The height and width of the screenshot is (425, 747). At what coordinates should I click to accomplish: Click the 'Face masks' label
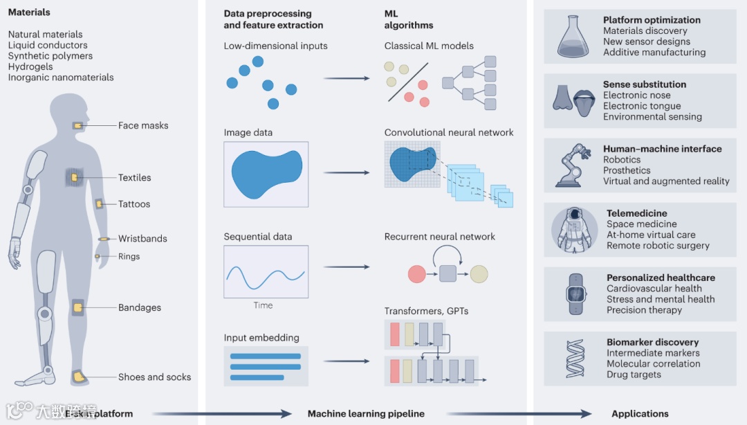(143, 126)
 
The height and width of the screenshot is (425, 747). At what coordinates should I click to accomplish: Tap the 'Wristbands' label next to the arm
(142, 239)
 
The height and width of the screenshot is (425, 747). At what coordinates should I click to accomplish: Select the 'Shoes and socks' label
(154, 377)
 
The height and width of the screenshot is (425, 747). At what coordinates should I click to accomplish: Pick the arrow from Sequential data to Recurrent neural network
(346, 267)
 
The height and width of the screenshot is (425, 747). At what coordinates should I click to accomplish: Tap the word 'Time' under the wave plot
(263, 305)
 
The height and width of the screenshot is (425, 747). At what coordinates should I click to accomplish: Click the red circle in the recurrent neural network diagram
(416, 273)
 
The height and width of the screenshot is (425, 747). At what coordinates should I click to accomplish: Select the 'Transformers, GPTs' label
(426, 311)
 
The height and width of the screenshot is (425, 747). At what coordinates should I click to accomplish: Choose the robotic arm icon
(573, 166)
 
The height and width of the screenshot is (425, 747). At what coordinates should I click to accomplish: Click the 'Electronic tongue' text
(642, 106)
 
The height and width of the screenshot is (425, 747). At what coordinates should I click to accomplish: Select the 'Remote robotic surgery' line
(658, 246)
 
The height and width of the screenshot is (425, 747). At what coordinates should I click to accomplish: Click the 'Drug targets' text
(634, 374)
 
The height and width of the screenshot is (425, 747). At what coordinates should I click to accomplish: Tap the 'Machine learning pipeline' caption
(366, 414)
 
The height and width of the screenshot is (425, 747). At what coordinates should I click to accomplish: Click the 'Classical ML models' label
(429, 46)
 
